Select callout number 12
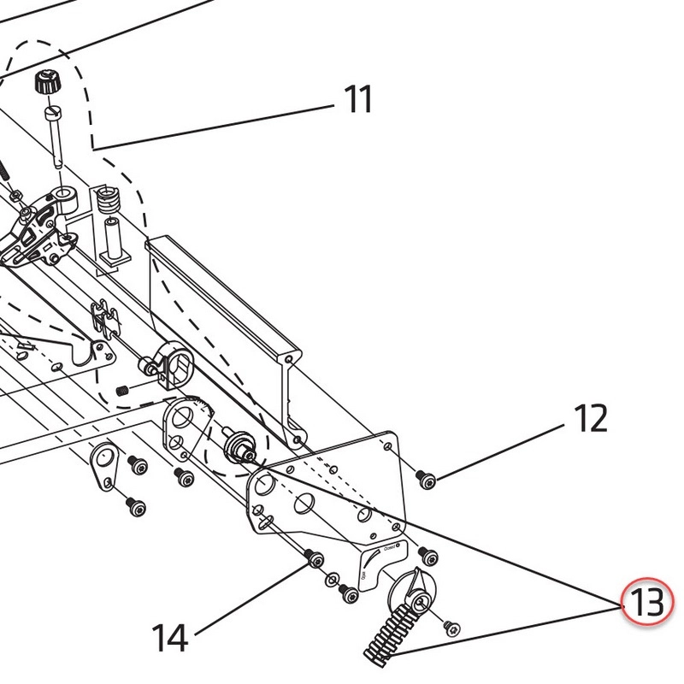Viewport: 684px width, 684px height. click(590, 419)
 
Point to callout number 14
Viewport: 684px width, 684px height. click(170, 638)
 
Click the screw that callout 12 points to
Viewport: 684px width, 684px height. click(427, 482)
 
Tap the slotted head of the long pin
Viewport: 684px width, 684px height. click(52, 114)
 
